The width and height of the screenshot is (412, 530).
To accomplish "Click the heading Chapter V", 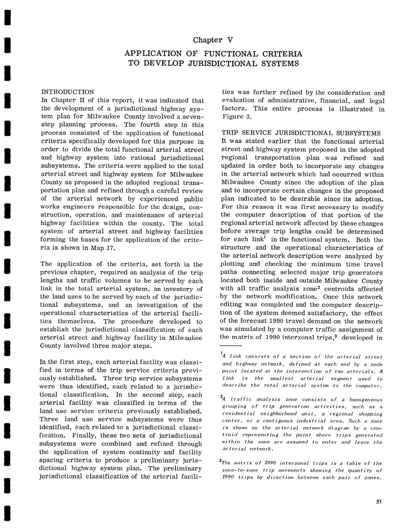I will (x=213, y=40).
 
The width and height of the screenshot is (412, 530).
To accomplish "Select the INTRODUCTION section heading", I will (x=67, y=92).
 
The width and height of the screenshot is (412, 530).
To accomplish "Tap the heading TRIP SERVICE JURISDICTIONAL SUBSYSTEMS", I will (x=301, y=133).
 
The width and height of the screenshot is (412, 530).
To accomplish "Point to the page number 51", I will (x=379, y=502).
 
